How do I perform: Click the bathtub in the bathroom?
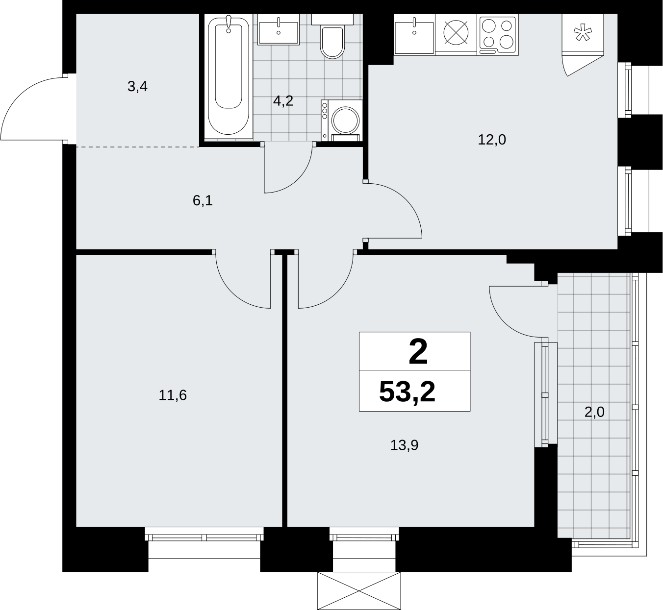[229, 76]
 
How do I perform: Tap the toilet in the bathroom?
[332, 36]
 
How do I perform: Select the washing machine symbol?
[341, 121]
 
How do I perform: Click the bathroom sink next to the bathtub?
[278, 29]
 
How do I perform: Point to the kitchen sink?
[414, 34]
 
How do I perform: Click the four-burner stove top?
[498, 34]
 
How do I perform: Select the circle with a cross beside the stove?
[456, 32]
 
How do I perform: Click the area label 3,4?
[137, 87]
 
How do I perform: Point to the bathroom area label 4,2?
[283, 101]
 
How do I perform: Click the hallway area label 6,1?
[203, 201]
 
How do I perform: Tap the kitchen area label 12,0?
[492, 140]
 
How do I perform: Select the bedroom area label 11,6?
[173, 395]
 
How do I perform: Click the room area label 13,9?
[404, 445]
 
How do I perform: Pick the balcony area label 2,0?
[594, 413]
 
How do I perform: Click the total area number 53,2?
[407, 391]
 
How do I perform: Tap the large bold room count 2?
[418, 352]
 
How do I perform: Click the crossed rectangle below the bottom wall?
[359, 591]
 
